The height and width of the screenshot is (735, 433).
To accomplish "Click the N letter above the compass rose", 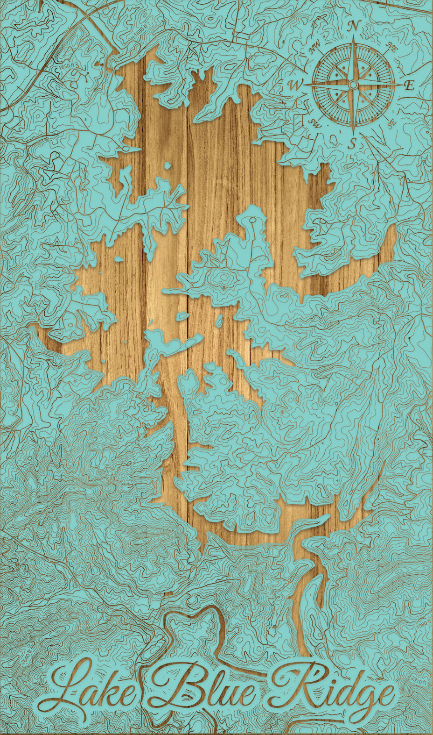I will click(354, 26).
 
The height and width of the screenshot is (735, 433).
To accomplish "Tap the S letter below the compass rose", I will click(353, 142).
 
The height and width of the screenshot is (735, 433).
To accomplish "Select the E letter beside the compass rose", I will click(409, 85).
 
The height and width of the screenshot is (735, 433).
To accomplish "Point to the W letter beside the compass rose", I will click(295, 85).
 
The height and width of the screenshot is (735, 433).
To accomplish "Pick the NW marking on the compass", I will click(315, 45).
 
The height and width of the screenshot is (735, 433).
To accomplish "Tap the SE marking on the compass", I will click(391, 125).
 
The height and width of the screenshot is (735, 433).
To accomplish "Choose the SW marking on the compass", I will click(315, 123).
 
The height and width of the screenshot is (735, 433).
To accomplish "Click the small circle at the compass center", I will click(353, 85).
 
